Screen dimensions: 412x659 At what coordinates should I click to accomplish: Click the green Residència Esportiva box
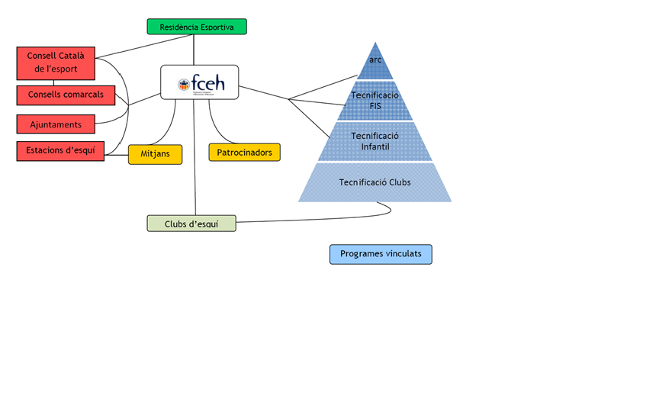(x=197, y=27)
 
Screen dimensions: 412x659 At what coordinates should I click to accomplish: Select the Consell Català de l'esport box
(x=56, y=63)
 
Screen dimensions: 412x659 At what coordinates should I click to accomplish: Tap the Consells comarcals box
(x=66, y=95)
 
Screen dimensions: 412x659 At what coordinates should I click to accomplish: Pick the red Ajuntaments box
(x=56, y=124)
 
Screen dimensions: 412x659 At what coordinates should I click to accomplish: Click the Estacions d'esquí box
(x=60, y=150)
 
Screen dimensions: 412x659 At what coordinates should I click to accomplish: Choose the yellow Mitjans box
(x=155, y=154)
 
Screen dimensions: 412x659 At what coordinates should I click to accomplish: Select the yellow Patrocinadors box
(x=244, y=152)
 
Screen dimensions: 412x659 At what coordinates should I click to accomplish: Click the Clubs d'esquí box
(x=191, y=224)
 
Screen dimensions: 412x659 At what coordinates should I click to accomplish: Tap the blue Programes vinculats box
(x=381, y=254)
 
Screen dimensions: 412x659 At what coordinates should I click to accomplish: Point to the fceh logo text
(x=208, y=83)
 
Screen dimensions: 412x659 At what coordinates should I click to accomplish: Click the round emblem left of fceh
(x=183, y=85)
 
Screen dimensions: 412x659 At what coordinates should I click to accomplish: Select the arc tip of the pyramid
(x=375, y=61)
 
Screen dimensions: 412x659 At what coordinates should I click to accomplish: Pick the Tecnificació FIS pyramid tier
(x=375, y=101)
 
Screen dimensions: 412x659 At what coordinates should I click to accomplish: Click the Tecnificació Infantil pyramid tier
(x=375, y=141)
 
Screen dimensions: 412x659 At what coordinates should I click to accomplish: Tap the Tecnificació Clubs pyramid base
(x=375, y=182)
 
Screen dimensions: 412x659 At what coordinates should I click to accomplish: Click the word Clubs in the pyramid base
(x=396, y=182)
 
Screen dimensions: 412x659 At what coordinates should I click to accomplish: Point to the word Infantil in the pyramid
(x=375, y=146)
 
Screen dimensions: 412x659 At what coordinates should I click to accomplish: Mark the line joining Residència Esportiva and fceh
(x=194, y=50)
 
